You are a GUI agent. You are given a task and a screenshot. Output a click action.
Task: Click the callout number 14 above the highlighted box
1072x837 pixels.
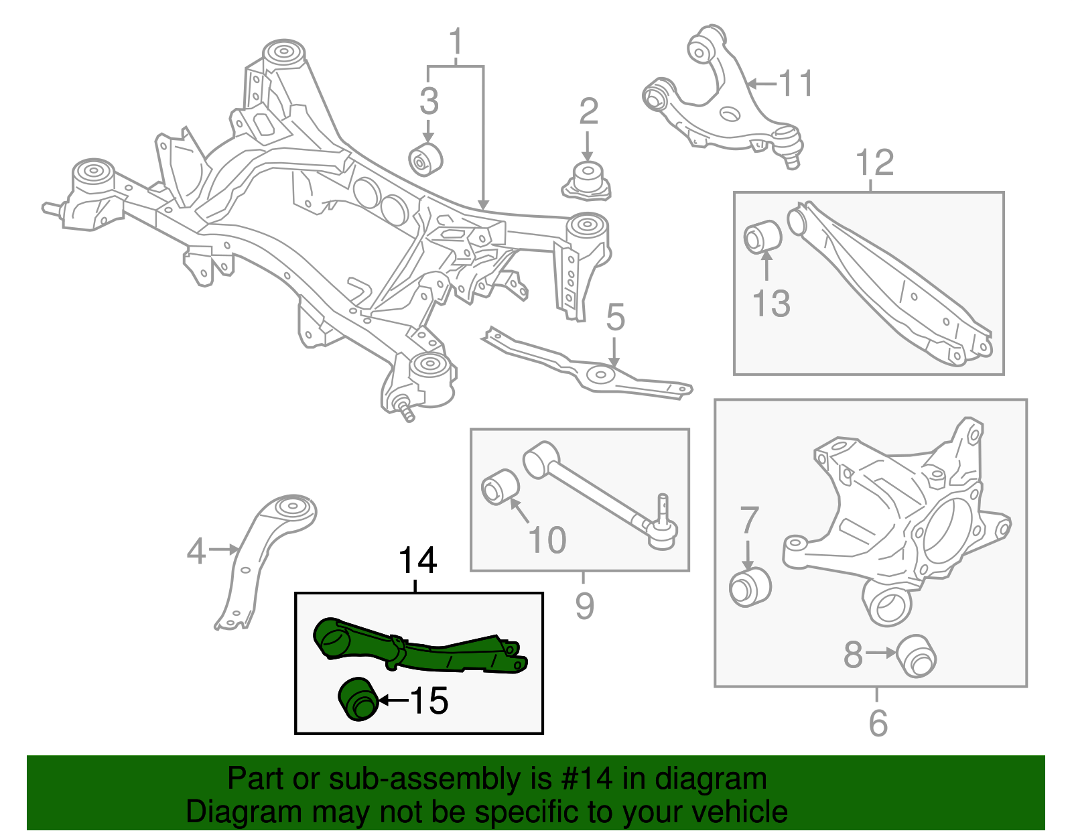click(417, 560)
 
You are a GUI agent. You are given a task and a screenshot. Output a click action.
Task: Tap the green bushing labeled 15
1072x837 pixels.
click(357, 700)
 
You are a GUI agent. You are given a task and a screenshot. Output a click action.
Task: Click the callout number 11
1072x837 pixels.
click(795, 84)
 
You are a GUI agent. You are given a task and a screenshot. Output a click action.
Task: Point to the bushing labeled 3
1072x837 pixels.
click(425, 159)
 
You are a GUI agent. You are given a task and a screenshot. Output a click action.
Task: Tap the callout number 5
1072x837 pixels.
click(615, 317)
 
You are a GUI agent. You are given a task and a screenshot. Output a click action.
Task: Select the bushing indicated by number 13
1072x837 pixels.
click(762, 237)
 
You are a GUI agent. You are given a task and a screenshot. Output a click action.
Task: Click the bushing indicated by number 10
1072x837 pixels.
click(500, 487)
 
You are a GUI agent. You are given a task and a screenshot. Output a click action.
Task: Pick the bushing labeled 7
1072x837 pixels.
click(750, 587)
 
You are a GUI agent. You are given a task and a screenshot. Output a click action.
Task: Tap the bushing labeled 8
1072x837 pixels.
click(917, 655)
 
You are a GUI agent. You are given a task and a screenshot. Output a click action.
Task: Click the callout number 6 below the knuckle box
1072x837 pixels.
click(878, 723)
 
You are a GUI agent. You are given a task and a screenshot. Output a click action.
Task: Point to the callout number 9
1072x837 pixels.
click(584, 606)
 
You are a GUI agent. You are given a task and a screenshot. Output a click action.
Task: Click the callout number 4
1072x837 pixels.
click(196, 551)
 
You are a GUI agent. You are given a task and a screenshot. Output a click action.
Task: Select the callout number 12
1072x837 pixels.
click(874, 162)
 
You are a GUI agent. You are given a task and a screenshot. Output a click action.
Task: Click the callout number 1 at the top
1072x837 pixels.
click(456, 42)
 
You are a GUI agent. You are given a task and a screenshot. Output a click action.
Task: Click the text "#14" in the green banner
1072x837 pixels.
click(583, 779)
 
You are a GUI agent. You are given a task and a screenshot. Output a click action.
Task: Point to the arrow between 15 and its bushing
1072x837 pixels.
click(393, 701)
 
